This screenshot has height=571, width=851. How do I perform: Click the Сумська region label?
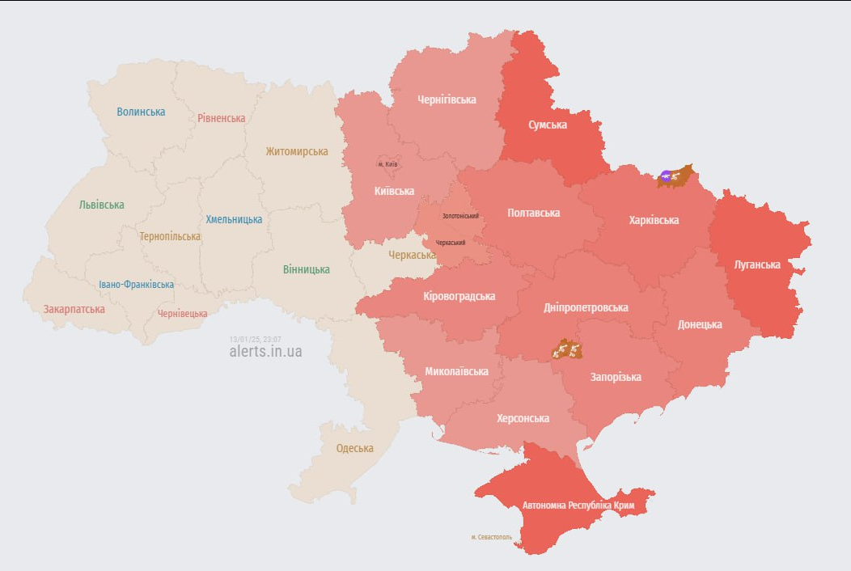click(548, 125)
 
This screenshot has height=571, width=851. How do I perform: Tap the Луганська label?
click(756, 264)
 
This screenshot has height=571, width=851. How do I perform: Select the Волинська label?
click(141, 112)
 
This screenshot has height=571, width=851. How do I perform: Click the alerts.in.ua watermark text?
click(265, 352)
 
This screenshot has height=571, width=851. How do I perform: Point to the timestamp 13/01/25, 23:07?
click(255, 339)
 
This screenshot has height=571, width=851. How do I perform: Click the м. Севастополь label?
click(491, 537)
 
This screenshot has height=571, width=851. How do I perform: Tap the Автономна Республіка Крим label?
click(578, 506)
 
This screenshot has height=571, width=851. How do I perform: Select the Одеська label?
click(355, 448)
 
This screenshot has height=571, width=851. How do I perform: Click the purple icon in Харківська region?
click(666, 176)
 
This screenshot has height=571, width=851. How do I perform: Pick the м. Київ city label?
click(388, 164)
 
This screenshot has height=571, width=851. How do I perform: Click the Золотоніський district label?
click(460, 216)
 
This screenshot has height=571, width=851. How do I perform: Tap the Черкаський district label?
click(451, 243)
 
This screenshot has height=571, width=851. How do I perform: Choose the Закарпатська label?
click(74, 309)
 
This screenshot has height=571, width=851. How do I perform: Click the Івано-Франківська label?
click(136, 285)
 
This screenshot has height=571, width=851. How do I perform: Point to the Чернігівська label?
click(447, 99)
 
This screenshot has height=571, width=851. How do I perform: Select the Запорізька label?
click(616, 377)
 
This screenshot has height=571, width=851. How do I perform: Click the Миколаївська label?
click(456, 371)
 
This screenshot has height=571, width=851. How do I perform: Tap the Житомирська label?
click(297, 151)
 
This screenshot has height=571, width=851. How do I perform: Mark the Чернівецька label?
click(182, 313)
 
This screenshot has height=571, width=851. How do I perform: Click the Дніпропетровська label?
click(586, 307)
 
